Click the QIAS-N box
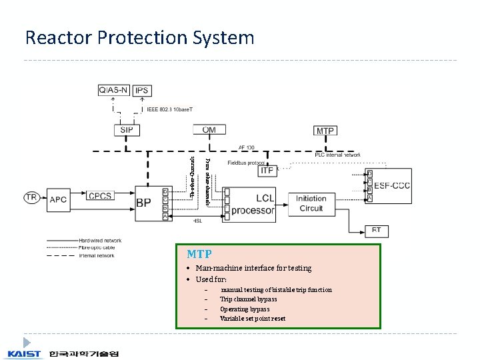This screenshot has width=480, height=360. tap(115, 90)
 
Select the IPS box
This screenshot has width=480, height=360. tap(141, 90)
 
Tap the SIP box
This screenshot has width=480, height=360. tap(126, 130)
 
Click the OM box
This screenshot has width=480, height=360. tap(209, 130)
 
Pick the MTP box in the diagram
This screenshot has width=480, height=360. tap(325, 131)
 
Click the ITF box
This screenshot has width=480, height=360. tap(267, 171)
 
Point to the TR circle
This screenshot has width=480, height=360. tap(31, 197)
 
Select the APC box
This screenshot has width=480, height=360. tap(58, 198)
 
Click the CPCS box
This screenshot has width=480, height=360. tap(101, 196)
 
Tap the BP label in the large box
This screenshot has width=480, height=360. tap(144, 203)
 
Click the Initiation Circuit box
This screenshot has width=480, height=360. tap(311, 203)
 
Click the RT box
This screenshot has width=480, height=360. tap(377, 230)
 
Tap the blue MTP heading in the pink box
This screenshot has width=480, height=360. tap(199, 254)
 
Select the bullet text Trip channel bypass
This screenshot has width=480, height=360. tap(249, 299)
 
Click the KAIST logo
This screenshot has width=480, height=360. tap(25, 354)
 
